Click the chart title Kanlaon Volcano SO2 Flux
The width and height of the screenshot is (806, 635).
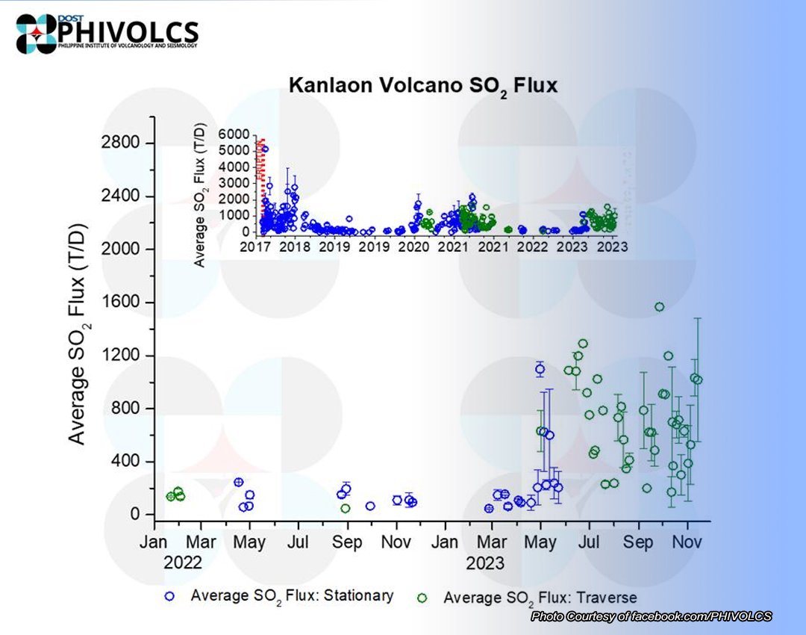(x=423, y=86)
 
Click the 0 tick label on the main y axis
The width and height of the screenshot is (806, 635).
(x=135, y=515)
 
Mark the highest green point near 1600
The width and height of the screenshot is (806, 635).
(x=659, y=306)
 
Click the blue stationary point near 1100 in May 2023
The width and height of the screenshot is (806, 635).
(x=540, y=368)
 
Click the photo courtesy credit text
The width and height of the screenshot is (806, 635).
(x=651, y=616)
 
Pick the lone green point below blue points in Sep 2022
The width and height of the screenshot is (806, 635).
(x=346, y=508)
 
